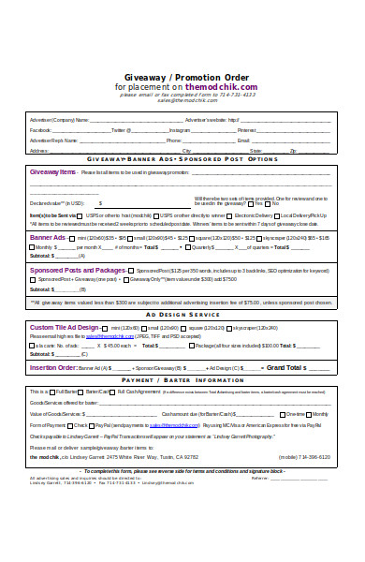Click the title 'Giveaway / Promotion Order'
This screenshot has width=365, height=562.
(182, 78)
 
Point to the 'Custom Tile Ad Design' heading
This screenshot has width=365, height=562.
(66, 328)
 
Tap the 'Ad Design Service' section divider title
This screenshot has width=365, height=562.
(182, 316)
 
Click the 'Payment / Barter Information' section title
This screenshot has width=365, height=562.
(182, 381)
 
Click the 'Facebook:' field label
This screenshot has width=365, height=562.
(41, 130)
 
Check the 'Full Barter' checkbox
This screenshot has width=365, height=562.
(55, 391)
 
